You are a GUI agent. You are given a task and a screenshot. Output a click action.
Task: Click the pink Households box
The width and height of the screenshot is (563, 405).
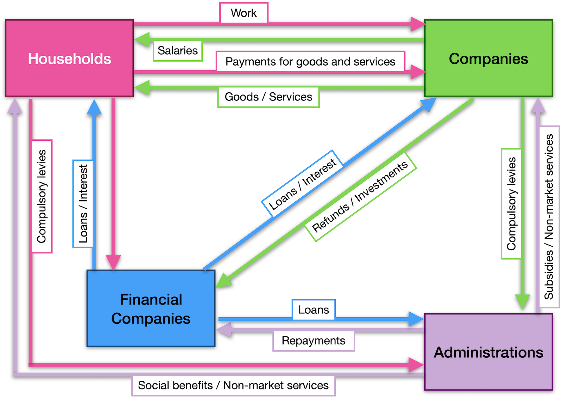[69, 58]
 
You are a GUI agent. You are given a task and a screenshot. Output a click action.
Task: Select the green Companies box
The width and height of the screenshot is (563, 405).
[488, 58]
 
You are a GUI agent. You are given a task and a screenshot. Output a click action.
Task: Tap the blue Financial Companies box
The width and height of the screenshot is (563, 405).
[151, 308]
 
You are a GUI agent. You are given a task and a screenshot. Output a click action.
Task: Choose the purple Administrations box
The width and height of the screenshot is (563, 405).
[488, 352]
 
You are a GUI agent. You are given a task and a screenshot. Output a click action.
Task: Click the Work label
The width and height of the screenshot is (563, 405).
[244, 13]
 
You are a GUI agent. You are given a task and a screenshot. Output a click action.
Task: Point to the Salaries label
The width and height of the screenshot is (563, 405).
[178, 51]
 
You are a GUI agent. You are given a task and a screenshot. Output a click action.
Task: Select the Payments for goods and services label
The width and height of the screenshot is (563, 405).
[310, 62]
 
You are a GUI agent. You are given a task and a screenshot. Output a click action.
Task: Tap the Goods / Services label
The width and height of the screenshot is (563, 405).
[268, 97]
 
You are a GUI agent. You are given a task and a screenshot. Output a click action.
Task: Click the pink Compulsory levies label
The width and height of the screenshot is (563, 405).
[42, 196]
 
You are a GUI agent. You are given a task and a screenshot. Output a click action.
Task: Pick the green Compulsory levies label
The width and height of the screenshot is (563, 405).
[511, 204]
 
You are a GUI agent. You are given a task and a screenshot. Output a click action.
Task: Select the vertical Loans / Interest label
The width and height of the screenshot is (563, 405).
[83, 204]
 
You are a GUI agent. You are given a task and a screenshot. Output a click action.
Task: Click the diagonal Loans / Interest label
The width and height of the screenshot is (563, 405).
[302, 184]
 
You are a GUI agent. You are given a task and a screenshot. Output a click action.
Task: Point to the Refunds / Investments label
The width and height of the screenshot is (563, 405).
[360, 197]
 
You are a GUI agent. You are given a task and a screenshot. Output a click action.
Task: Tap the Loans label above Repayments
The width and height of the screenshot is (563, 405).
[314, 310]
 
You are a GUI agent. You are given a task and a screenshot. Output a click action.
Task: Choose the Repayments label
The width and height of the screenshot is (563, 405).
[314, 341]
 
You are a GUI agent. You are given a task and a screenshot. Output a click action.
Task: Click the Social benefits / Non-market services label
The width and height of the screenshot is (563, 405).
[233, 386]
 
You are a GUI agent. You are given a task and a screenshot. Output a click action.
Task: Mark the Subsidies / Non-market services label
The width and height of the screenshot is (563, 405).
[549, 217]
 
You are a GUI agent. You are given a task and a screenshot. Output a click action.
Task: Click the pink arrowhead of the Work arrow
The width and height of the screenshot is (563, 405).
[418, 24]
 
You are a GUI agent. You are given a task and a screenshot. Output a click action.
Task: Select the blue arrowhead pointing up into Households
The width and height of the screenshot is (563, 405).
[94, 107]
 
